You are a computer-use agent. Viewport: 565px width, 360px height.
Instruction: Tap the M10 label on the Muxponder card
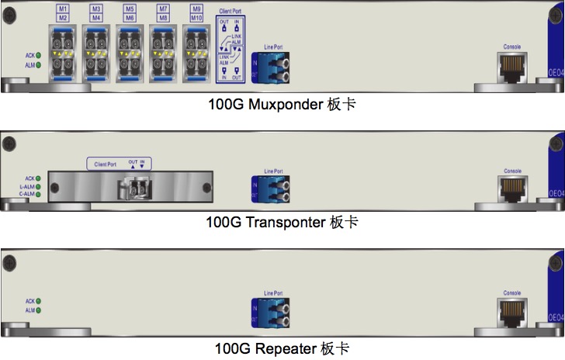198,17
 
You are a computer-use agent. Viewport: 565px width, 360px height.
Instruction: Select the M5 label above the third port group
129,9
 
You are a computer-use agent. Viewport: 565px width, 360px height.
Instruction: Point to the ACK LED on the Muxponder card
37,55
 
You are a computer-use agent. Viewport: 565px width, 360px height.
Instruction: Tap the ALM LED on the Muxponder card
37,65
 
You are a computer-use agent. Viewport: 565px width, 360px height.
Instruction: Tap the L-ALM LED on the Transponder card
37,186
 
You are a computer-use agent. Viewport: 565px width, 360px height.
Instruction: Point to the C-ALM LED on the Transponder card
37,194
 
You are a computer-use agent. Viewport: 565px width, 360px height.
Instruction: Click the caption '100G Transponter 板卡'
282,223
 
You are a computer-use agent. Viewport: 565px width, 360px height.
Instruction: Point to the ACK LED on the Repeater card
37,300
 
